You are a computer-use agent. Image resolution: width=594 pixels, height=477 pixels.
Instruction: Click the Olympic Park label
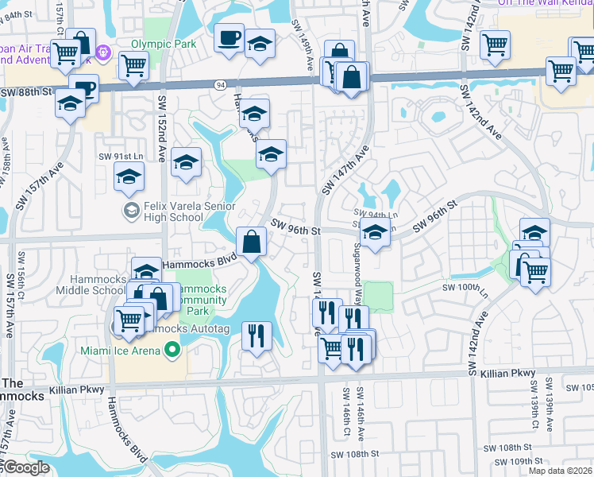click(x=163, y=44)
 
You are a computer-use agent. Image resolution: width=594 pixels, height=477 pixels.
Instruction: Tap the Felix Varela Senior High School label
click(x=172, y=211)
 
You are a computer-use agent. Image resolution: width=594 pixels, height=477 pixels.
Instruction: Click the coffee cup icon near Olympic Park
click(x=229, y=38)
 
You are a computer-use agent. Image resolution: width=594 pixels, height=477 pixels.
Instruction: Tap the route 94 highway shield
click(x=220, y=84)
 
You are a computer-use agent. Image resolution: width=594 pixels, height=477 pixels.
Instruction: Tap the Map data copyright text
click(x=561, y=471)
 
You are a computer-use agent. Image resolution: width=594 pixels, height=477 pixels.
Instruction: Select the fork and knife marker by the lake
click(x=255, y=335)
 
